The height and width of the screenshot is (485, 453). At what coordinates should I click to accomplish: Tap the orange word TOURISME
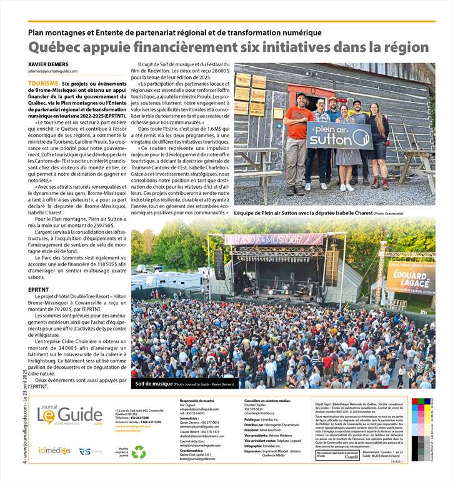44,82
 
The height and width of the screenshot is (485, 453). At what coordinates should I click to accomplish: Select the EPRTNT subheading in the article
39,290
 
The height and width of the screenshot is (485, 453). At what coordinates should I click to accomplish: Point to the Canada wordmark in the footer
351,457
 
